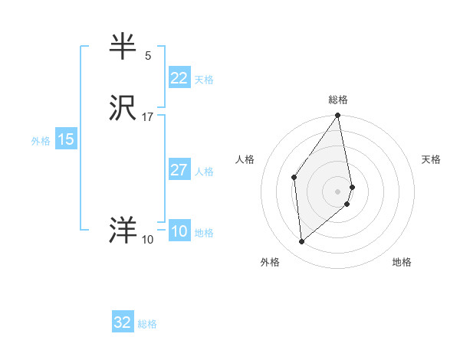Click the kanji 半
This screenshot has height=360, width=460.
click(x=123, y=47)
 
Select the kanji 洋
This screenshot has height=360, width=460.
click(x=123, y=231)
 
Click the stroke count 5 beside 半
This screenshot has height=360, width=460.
click(x=148, y=56)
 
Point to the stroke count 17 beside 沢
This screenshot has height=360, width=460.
click(x=148, y=117)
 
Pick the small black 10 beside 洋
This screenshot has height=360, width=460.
click(x=148, y=240)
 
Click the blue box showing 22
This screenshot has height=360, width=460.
click(x=179, y=77)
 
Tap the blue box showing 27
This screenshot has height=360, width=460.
click(x=179, y=170)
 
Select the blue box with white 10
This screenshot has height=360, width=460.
click(x=179, y=231)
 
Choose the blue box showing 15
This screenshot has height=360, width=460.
click(x=65, y=139)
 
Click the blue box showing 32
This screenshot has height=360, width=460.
click(x=122, y=322)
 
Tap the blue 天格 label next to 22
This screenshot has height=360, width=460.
click(x=204, y=80)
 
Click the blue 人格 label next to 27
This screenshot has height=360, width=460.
click(x=204, y=172)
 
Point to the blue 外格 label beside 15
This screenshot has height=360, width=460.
click(x=40, y=141)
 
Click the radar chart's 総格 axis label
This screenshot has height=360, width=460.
click(x=337, y=100)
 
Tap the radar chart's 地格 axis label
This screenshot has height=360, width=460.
click(x=402, y=263)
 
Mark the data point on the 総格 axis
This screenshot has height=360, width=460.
click(x=337, y=116)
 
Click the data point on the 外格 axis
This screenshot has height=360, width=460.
click(x=302, y=241)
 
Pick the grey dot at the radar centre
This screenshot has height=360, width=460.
click(x=337, y=191)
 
